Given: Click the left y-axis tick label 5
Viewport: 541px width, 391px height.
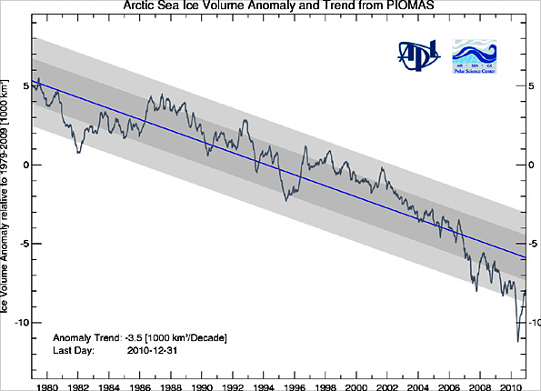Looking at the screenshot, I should point(25,85).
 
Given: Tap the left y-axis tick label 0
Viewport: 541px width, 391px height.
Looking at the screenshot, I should point(25,165).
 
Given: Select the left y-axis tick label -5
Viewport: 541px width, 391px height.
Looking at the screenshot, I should point(24,244).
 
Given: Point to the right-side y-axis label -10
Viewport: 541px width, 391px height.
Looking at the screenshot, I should point(534,323).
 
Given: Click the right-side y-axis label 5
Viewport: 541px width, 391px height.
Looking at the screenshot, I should point(533,85).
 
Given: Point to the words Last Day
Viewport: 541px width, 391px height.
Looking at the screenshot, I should point(75,349).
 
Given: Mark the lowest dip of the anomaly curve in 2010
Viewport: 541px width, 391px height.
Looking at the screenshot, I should point(517,341).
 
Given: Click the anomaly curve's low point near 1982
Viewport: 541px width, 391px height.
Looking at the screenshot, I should point(78,152).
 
